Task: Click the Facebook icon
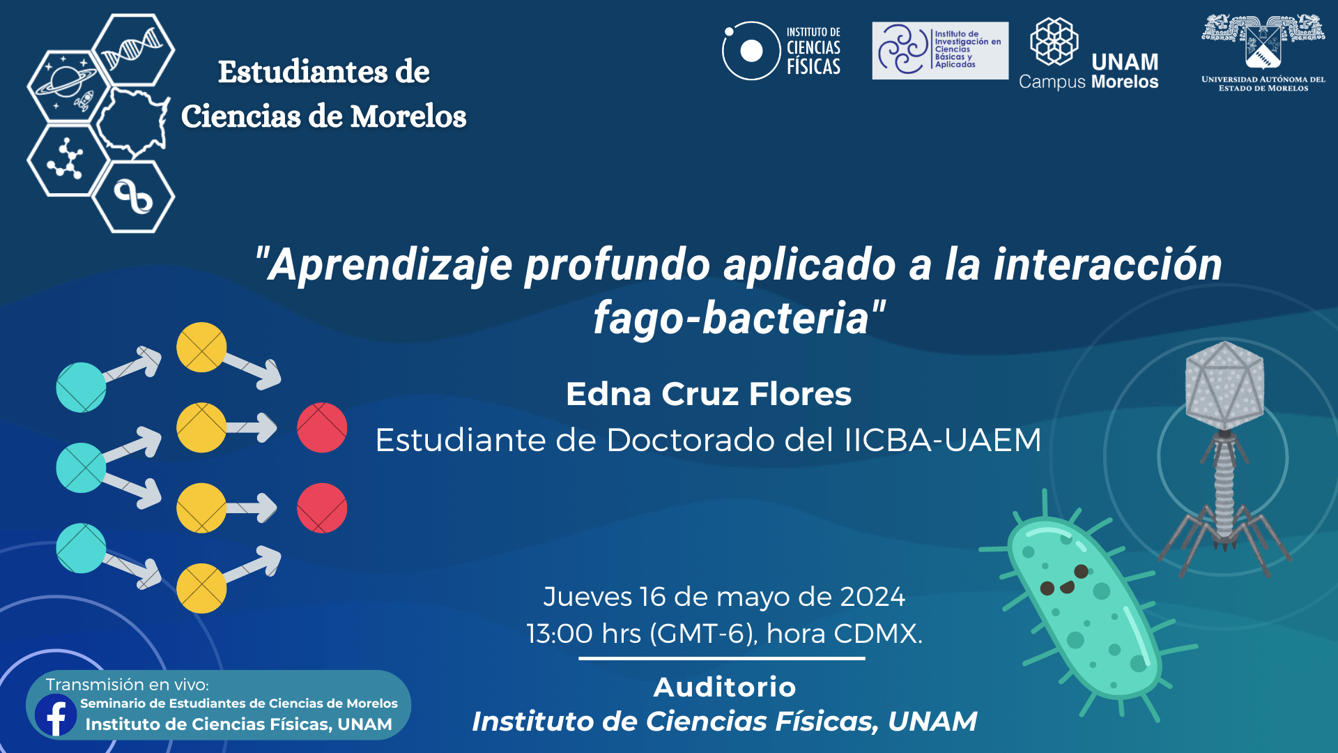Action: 56,715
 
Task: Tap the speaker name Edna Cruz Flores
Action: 709,394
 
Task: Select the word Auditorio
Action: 725,687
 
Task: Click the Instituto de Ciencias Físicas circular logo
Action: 751,51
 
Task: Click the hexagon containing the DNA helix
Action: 133,50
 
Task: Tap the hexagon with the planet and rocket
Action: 68,86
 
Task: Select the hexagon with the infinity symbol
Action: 133,197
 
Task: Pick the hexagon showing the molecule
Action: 68,160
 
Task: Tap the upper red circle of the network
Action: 322,427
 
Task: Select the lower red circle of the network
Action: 322,508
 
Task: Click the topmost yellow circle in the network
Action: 201,347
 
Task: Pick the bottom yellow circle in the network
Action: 201,588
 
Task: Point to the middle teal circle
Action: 81,468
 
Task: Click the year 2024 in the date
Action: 872,597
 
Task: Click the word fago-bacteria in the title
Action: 732,318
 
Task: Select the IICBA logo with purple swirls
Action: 940,50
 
